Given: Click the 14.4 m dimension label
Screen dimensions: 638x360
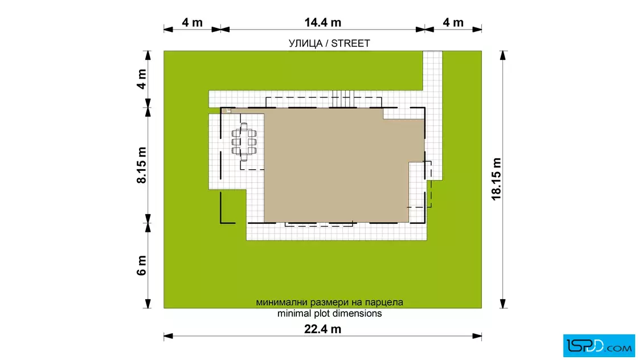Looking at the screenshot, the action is [x=322, y=22].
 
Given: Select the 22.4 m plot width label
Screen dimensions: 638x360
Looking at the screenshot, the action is [x=322, y=329].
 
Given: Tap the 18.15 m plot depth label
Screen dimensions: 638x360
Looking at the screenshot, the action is [x=496, y=179].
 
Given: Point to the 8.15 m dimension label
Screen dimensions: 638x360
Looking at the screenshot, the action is [x=141, y=165].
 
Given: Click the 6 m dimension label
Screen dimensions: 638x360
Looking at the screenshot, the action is [x=141, y=265].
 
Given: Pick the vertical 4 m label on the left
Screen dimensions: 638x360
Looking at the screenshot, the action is [x=141, y=79].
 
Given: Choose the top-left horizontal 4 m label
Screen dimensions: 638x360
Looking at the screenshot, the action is [x=192, y=22].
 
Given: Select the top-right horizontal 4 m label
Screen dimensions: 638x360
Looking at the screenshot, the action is [x=453, y=22].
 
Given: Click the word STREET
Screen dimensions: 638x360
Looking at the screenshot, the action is [x=350, y=43].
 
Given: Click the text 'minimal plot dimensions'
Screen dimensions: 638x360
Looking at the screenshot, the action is [x=330, y=314].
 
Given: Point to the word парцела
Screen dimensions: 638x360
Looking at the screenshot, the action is [x=384, y=302].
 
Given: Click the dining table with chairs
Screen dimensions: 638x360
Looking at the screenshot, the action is [x=244, y=142].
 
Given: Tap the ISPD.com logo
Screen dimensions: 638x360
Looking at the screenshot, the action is [x=599, y=346].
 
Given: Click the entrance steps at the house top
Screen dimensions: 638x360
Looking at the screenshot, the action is [x=342, y=99].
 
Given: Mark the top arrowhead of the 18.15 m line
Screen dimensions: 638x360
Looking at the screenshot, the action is [x=503, y=55].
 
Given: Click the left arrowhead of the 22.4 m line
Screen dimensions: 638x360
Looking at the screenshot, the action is [x=168, y=336].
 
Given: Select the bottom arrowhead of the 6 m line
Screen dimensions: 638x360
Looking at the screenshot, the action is [x=148, y=304].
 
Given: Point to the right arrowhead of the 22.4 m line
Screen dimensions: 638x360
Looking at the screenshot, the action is [x=477, y=336].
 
